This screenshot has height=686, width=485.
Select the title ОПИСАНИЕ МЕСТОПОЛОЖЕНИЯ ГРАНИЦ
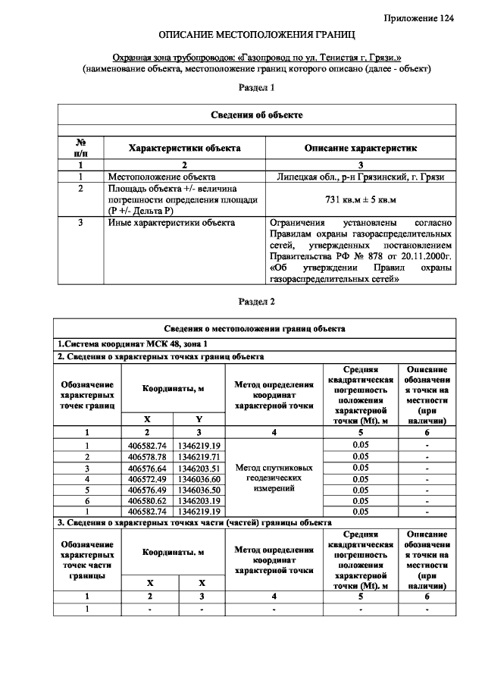tap(256, 36)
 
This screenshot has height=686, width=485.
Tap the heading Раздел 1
tap(256, 88)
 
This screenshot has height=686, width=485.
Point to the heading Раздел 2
tap(256, 302)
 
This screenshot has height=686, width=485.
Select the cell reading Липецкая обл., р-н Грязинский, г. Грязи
tap(361, 177)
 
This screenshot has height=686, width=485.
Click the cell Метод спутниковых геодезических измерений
tap(274, 478)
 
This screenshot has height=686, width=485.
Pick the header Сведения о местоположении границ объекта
tap(256, 329)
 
